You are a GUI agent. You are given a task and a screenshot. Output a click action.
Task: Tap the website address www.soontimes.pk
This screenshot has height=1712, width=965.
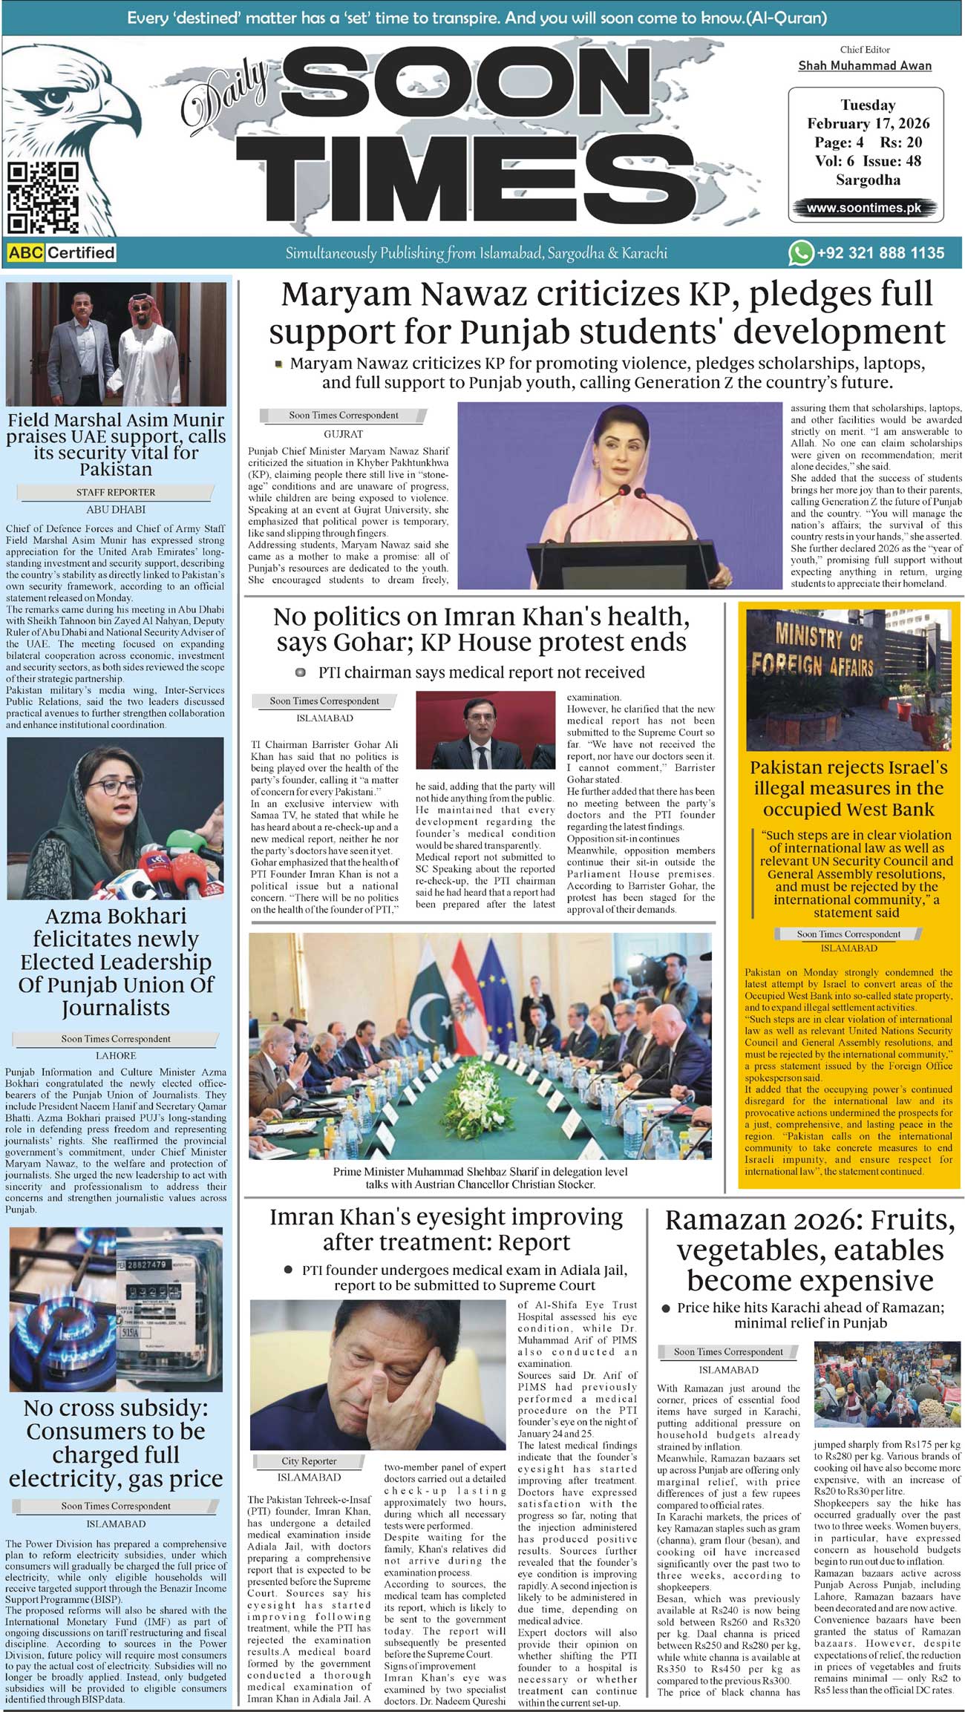point(864,208)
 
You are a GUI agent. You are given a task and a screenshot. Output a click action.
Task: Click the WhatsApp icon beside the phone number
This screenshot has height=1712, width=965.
point(800,253)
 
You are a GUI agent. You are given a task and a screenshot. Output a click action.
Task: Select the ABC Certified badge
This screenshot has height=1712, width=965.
point(62,252)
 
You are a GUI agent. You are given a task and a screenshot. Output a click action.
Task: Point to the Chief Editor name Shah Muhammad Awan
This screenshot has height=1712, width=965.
point(865,65)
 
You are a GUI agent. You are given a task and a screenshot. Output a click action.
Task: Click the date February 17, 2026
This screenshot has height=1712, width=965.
point(868,123)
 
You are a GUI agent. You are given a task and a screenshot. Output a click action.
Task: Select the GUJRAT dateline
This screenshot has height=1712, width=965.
point(343,433)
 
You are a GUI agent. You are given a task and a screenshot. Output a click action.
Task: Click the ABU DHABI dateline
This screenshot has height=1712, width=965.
point(116,510)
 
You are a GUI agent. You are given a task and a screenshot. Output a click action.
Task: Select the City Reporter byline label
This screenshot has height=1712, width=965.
point(309,1460)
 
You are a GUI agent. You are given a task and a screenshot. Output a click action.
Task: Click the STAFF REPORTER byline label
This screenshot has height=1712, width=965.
point(116,492)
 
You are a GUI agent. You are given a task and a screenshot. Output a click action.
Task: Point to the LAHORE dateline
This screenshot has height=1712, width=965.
point(116,1055)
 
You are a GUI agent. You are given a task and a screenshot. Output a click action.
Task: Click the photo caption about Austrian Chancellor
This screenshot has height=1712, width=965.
point(480,1178)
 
